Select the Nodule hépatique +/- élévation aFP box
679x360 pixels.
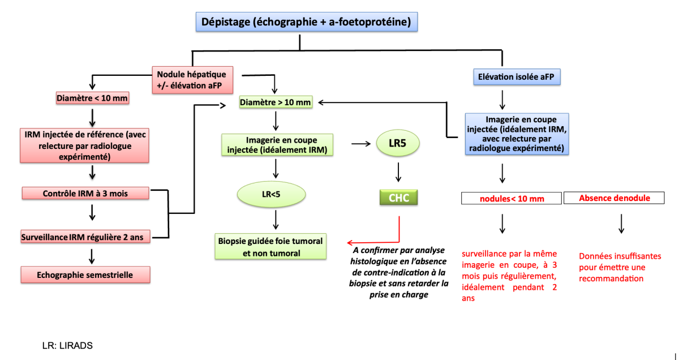[191, 80]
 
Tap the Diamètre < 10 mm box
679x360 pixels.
[92, 98]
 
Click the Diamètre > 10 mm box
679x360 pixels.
[276, 102]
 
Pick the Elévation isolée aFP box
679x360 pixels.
[516, 76]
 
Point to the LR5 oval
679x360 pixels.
[398, 144]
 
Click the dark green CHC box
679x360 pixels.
[398, 198]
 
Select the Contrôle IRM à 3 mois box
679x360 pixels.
[85, 193]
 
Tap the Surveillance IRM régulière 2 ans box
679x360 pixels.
[85, 237]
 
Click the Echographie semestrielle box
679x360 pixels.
[85, 275]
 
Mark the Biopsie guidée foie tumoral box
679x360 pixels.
[270, 247]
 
